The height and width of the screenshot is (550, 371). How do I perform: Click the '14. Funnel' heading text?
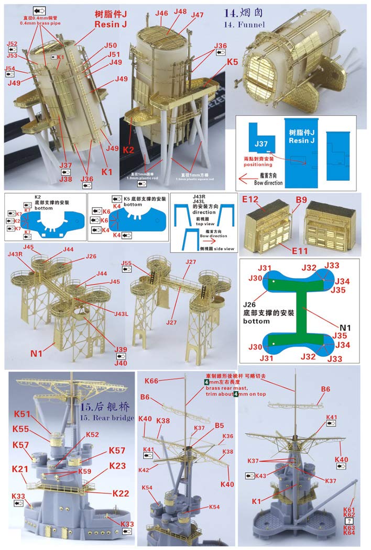pos(244,24)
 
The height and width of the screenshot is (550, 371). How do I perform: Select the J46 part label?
pos(161,13)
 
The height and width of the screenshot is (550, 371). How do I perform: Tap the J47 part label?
pos(197,15)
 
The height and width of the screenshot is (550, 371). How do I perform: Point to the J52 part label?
pos(12,45)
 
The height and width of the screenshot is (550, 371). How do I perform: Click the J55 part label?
pos(126,263)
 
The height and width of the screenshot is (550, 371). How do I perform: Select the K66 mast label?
pos(152,381)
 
